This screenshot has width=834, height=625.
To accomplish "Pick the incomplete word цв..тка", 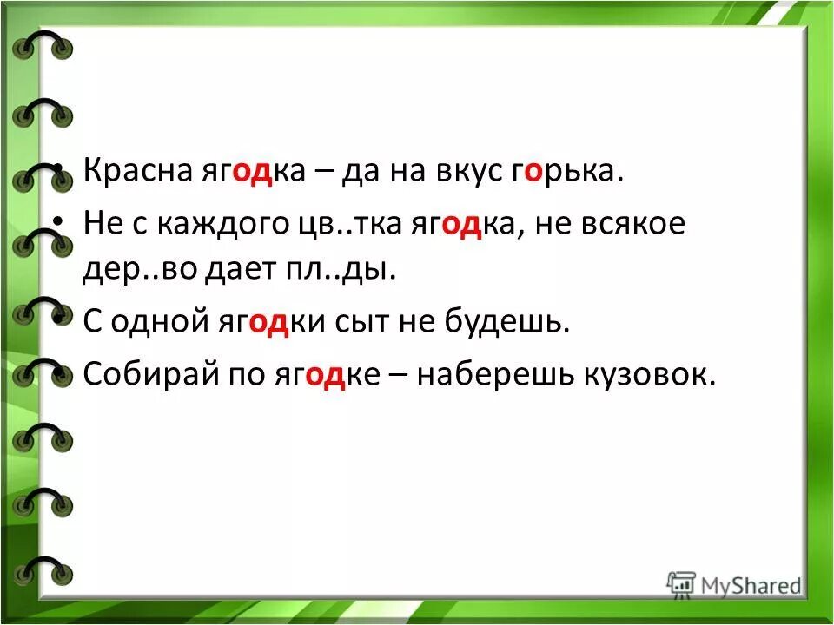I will (x=341, y=225).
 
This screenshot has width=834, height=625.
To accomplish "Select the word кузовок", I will (x=652, y=376).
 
